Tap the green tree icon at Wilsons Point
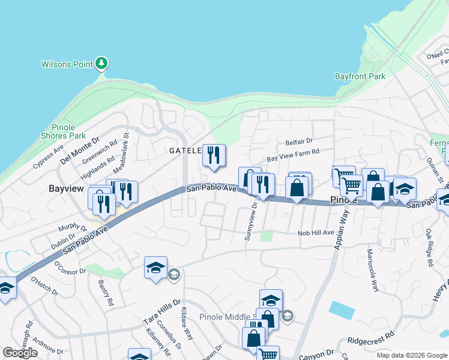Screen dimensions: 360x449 pos(101,63)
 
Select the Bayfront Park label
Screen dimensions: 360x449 pos(360,76)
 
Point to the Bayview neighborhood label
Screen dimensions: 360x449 pos(66,188)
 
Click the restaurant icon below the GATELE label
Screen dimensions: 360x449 pos(214,156)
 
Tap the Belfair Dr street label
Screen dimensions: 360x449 pos(300,142)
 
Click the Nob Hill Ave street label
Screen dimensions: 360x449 pos(316,232)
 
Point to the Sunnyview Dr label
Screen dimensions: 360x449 pos(251,221)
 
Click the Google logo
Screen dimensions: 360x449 pos(20,353)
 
